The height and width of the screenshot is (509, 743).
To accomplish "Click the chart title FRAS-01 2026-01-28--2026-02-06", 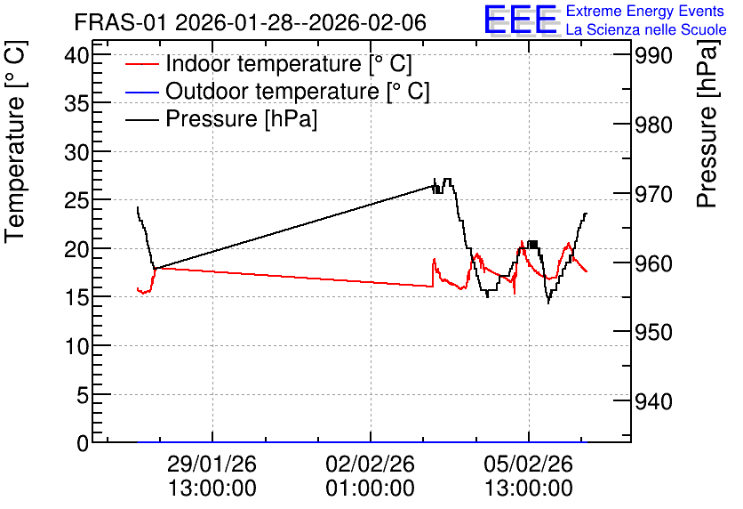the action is [x=251, y=22].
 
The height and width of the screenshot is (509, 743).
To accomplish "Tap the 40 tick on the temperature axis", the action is [x=76, y=56].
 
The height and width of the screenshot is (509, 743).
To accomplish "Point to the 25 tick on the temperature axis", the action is [x=76, y=202].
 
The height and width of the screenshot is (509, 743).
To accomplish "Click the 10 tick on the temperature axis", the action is [x=76, y=347].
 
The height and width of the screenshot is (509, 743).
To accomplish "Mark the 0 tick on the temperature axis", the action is [x=83, y=443].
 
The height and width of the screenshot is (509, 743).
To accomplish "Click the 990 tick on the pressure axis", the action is [x=653, y=56].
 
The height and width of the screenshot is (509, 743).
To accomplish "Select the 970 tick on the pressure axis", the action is [x=653, y=195].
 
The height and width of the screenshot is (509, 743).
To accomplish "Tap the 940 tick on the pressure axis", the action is [x=653, y=402].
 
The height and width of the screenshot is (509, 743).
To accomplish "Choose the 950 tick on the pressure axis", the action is [x=653, y=333].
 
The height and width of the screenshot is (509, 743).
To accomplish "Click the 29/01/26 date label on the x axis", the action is [x=212, y=464].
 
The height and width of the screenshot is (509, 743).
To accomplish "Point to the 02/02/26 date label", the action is [x=370, y=464].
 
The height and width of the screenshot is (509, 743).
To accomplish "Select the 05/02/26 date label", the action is [x=528, y=464].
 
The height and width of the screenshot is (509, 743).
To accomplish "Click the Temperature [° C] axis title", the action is [x=15, y=142].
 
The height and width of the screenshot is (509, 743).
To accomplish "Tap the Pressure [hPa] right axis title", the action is [x=707, y=124].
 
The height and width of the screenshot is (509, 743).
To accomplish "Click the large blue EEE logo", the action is [x=521, y=20].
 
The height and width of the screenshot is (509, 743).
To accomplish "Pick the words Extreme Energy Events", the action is [x=645, y=11].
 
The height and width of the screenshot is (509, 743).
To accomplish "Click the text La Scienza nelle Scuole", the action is [x=646, y=30].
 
